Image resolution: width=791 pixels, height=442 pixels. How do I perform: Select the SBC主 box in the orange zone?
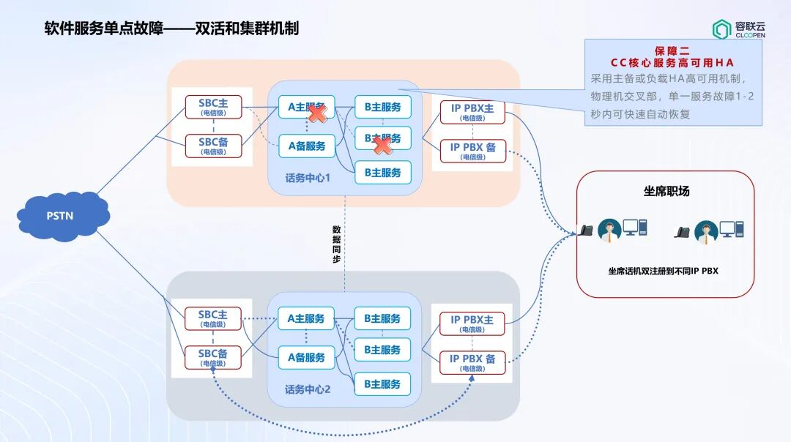click(213, 107)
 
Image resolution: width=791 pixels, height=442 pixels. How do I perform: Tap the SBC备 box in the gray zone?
click(213, 357)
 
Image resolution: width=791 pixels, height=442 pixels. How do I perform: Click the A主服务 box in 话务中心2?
click(306, 319)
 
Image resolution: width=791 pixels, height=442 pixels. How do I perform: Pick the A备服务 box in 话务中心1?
click(306, 146)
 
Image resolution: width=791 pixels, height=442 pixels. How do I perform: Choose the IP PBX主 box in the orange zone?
click(472, 112)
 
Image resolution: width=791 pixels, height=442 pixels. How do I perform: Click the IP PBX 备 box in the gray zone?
click(472, 362)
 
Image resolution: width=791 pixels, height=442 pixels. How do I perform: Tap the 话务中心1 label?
click(308, 178)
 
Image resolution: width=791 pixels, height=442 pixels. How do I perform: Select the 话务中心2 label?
click(308, 389)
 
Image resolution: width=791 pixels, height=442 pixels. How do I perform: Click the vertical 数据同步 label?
click(336, 244)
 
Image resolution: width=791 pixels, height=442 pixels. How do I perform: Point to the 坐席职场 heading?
click(666, 191)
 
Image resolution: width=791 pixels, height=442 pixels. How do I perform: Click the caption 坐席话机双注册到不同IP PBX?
click(663, 271)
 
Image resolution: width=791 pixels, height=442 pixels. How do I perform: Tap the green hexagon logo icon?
click(721, 29)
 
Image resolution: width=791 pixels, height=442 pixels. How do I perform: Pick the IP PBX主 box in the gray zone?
click(472, 323)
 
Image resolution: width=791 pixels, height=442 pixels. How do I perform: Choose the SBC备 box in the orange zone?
click(213, 146)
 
